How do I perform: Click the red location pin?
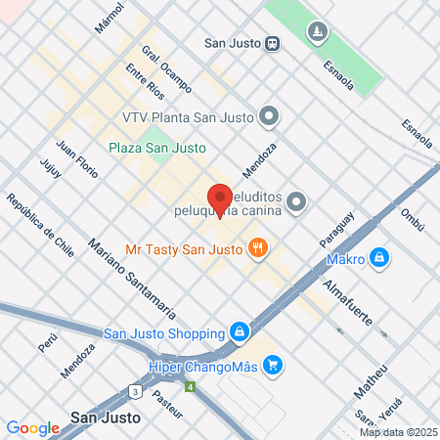click(x=220, y=198)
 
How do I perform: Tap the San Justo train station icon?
click(x=272, y=42)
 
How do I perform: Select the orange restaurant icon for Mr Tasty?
click(x=259, y=247)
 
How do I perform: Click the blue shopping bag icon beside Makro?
click(x=379, y=258)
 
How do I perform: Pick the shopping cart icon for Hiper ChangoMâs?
click(x=273, y=365)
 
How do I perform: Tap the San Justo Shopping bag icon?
click(x=239, y=332)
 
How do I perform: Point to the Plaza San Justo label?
click(x=156, y=148)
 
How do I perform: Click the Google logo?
click(x=32, y=427)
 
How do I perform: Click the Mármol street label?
click(x=110, y=20)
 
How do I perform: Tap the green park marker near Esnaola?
click(x=317, y=33)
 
